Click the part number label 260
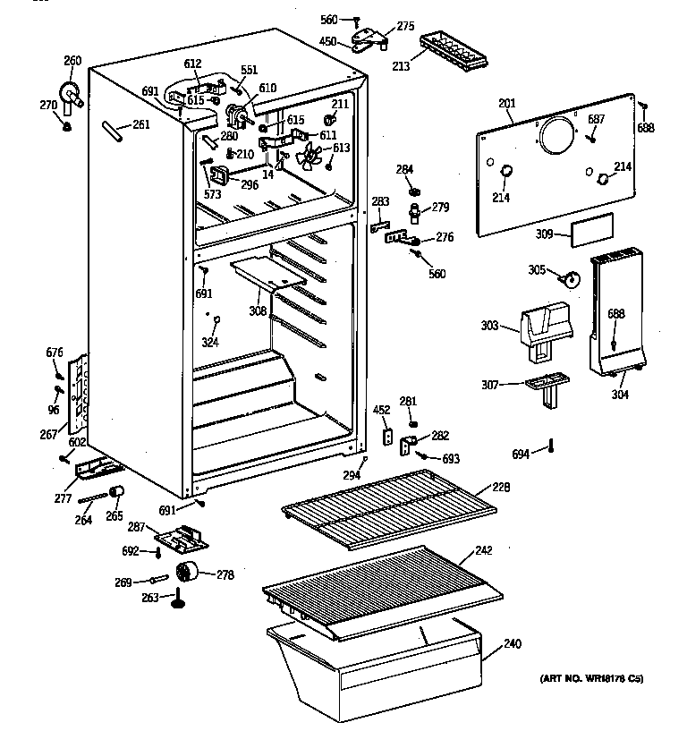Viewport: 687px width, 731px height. point(72,61)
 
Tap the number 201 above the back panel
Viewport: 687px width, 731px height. point(507,105)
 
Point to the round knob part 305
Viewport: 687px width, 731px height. point(567,280)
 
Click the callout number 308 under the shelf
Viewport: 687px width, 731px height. point(258,312)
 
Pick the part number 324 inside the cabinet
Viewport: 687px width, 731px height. point(209,343)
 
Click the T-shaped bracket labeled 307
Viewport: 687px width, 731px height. point(543,386)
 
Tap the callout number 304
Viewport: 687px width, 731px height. point(619,395)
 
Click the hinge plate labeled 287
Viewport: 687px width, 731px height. point(182,540)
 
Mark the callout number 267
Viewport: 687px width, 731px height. point(49,435)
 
